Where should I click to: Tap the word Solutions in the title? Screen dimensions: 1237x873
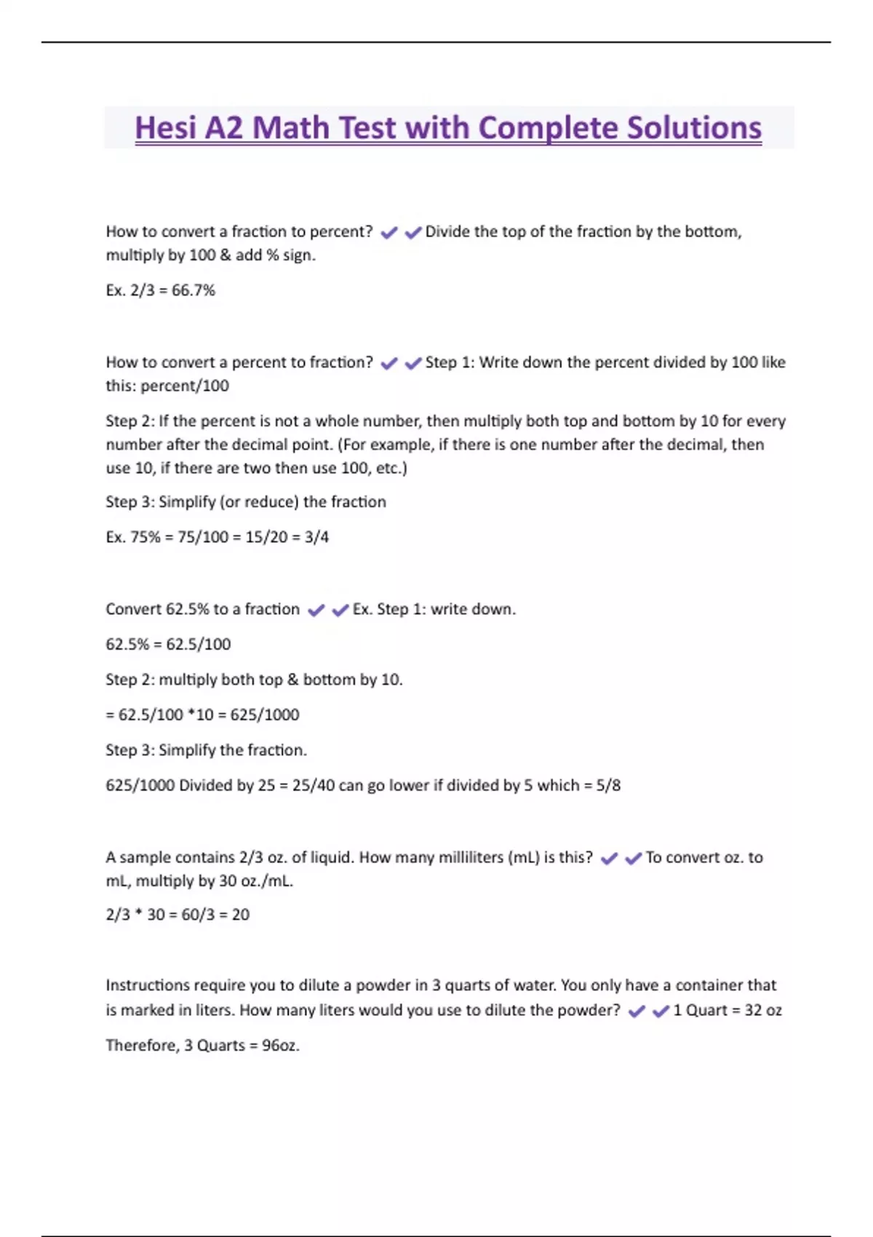(694, 128)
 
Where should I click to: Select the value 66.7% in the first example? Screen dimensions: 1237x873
(194, 290)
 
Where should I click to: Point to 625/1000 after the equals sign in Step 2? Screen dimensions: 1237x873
(265, 715)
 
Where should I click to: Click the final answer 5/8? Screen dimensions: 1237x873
(608, 785)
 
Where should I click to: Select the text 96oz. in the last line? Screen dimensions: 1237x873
(281, 1046)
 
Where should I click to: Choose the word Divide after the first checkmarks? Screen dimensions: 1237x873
(447, 231)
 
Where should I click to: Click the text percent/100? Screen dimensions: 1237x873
(185, 386)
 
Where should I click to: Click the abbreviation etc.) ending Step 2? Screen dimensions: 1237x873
(391, 468)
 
